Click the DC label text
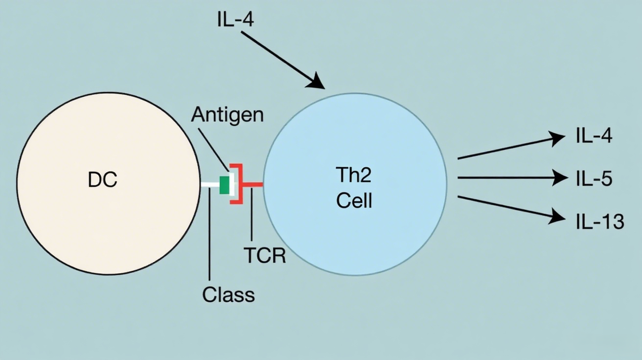click(x=103, y=180)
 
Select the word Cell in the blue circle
click(x=354, y=201)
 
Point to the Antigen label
click(x=227, y=115)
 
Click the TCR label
click(x=264, y=255)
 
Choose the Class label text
click(x=229, y=294)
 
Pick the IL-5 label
click(x=594, y=179)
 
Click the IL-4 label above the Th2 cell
click(x=235, y=20)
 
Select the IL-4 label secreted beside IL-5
click(x=594, y=136)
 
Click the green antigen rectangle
click(x=225, y=185)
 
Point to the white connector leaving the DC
click(x=210, y=185)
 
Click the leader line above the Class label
click(x=209, y=235)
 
